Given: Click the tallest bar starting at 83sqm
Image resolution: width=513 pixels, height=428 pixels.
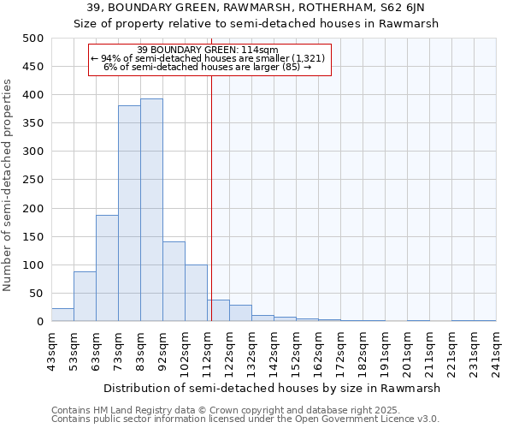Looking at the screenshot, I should [151, 210].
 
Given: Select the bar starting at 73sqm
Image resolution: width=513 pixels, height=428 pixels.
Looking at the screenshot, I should [129, 213].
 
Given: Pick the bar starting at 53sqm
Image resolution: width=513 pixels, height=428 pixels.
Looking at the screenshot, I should [85, 296].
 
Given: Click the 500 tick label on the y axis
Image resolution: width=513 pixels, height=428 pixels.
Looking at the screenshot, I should [32, 39].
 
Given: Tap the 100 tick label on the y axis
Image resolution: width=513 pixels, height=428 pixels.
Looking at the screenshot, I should [32, 265].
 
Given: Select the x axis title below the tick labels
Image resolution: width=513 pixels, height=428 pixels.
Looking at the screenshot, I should [274, 388].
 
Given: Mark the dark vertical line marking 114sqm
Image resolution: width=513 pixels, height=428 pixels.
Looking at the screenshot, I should [211, 197].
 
